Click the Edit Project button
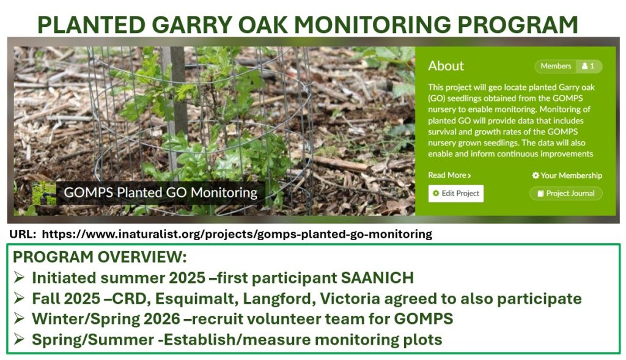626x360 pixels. click(x=456, y=194)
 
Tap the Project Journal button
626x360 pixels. click(x=565, y=194)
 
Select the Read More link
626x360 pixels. click(x=449, y=175)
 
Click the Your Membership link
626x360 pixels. click(x=567, y=175)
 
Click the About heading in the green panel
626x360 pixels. click(x=446, y=66)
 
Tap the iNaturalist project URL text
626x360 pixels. click(x=237, y=234)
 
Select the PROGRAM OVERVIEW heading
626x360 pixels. click(x=100, y=257)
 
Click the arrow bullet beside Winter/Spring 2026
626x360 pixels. click(x=19, y=318)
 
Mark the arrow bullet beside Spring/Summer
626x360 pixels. click(x=19, y=339)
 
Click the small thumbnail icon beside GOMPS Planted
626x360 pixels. click(x=44, y=193)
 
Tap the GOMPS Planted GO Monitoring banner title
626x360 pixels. click(x=161, y=193)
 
